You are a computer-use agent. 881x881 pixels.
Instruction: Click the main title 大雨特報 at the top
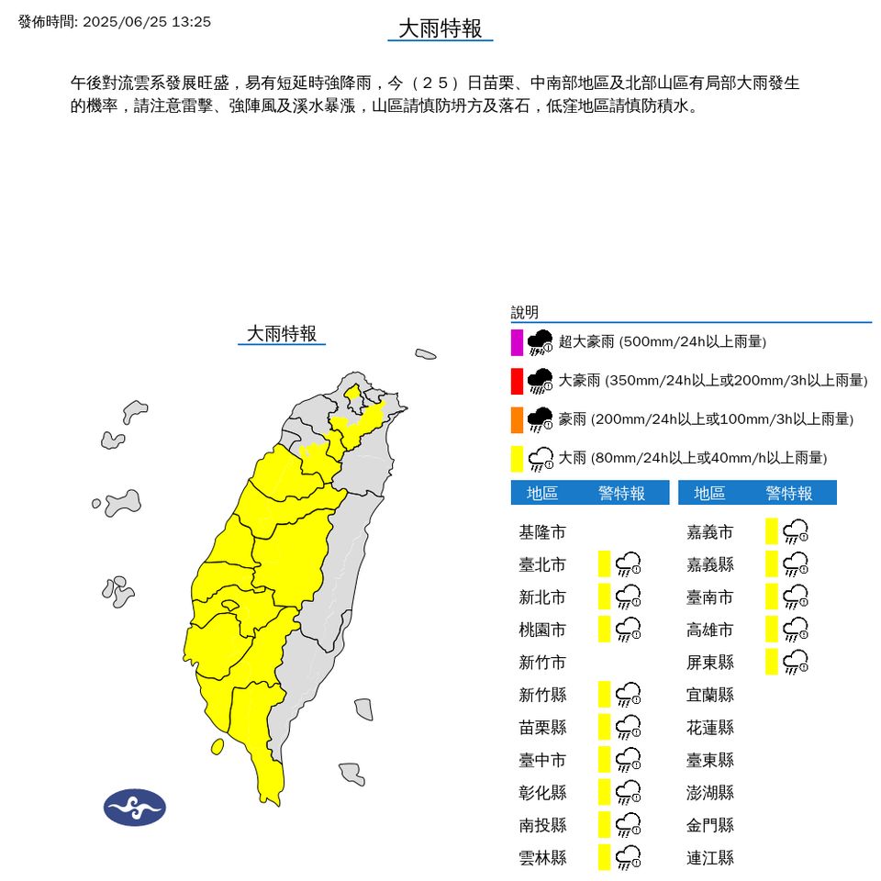point(440,28)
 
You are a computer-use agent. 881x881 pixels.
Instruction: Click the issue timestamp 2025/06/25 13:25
point(146,21)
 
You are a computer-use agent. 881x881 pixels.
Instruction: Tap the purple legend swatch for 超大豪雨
point(518,341)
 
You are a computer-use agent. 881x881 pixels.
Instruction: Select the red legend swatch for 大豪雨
point(518,380)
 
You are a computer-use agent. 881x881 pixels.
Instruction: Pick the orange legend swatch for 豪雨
point(518,419)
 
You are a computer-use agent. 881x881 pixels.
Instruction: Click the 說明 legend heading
point(525,313)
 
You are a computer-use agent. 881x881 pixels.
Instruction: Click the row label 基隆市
point(542,532)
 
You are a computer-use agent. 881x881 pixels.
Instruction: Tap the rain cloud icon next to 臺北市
point(628,563)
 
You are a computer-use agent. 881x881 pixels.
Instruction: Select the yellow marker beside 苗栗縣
point(604,726)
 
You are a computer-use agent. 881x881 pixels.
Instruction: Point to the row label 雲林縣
point(542,858)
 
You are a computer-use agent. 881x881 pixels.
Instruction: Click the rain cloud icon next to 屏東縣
point(795,661)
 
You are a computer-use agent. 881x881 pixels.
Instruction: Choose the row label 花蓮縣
point(710,728)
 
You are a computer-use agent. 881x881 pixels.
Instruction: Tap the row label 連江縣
point(710,858)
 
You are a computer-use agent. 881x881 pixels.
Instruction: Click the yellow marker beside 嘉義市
point(772,530)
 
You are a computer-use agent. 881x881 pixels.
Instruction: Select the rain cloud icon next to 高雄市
point(795,629)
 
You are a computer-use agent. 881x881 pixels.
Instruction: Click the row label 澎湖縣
point(710,793)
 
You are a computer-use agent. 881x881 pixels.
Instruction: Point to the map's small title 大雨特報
point(282,333)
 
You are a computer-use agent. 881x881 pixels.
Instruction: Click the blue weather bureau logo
point(135,808)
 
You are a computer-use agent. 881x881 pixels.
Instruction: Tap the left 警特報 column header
point(621,494)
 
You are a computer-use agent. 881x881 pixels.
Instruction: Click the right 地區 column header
point(709,494)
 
